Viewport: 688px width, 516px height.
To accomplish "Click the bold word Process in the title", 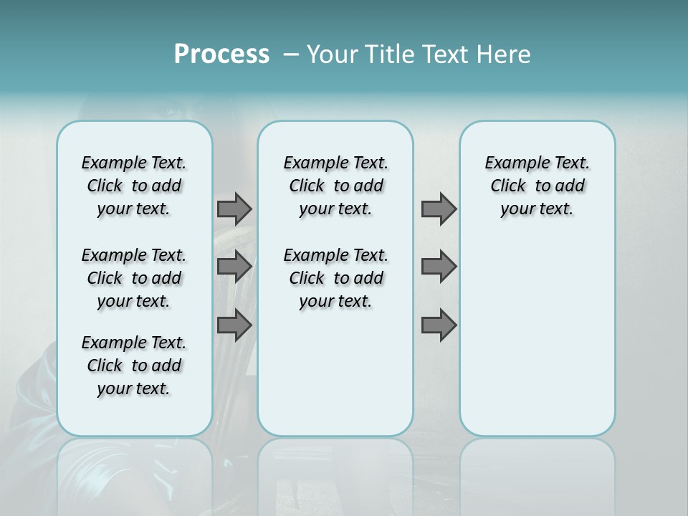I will (221, 54).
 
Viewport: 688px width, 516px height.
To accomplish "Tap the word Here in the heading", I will (505, 54).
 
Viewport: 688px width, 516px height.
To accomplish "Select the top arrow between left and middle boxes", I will (234, 209).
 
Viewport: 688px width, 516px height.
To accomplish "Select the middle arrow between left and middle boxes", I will (234, 267).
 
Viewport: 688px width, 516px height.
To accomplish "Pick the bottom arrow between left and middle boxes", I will (234, 325).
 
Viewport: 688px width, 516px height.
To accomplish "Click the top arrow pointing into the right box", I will (439, 209).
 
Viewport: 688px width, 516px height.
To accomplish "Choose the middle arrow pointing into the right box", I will (439, 267).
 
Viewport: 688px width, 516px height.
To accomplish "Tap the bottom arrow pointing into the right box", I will (439, 325).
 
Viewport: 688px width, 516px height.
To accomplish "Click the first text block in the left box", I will (134, 186).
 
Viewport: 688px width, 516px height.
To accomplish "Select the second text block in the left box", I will (134, 278).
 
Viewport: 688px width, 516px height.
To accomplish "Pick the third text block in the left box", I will (134, 365).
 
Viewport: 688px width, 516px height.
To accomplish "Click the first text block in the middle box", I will (336, 186).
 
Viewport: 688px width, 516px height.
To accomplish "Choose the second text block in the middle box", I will (336, 278).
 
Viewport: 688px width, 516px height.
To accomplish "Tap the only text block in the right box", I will (537, 186).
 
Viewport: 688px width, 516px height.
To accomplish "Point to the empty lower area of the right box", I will (537, 337).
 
